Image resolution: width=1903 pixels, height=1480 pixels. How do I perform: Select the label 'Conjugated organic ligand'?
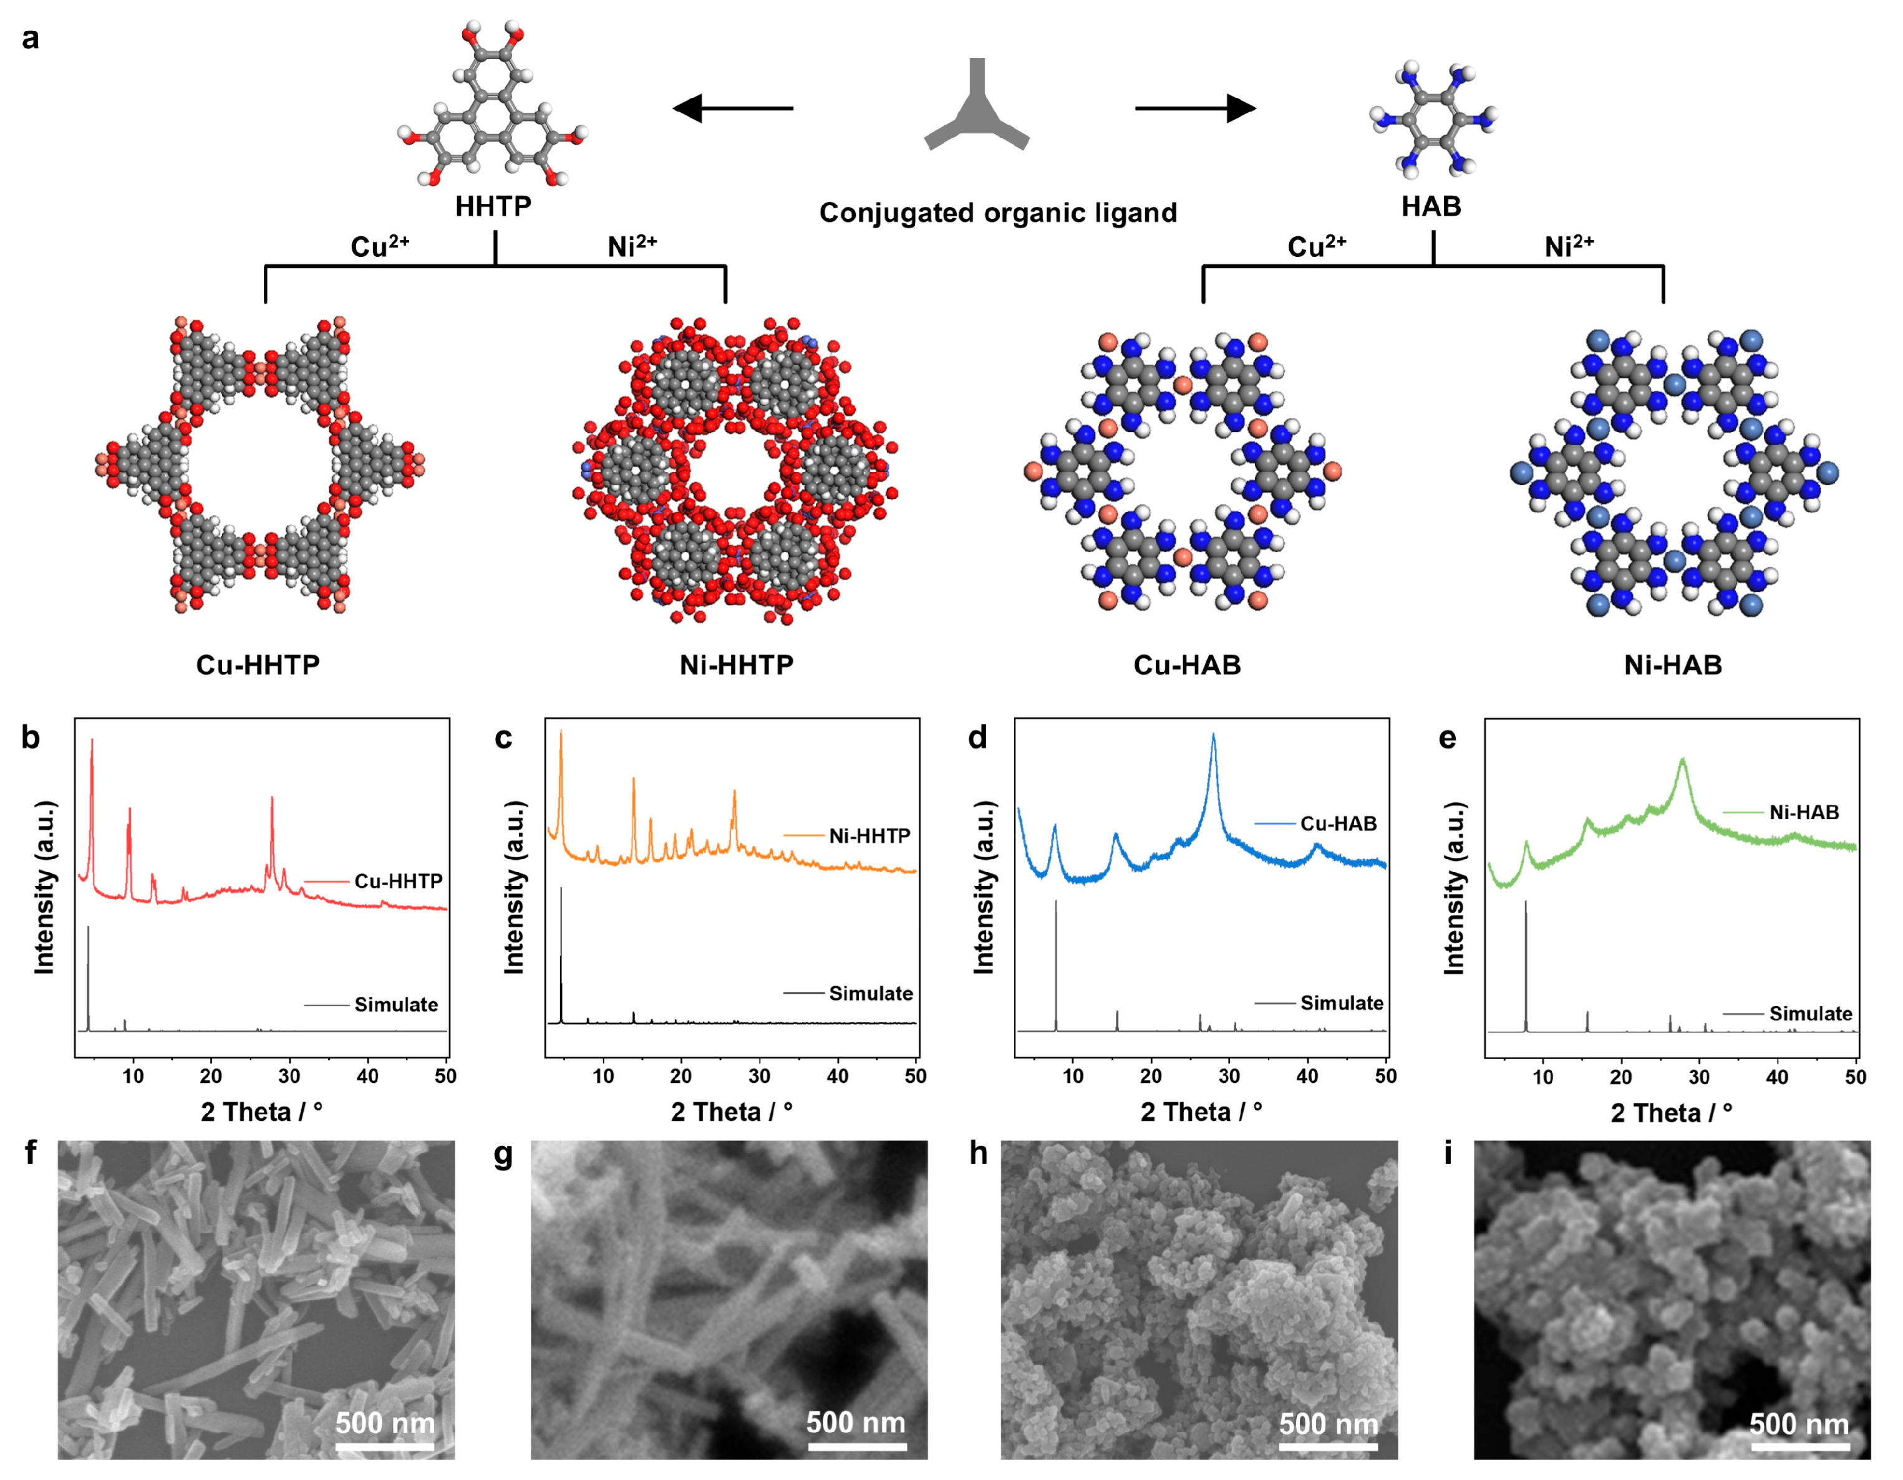pos(998,213)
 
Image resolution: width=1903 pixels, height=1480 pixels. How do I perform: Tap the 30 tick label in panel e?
pos(1699,1077)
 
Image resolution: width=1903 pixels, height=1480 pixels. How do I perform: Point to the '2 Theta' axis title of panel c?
pos(731,1112)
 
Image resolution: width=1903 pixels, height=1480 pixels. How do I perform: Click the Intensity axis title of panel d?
pos(984,887)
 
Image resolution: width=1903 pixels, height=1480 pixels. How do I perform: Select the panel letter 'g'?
pos(503,1153)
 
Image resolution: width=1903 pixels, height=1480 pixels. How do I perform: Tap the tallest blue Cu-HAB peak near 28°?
pos(1214,737)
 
